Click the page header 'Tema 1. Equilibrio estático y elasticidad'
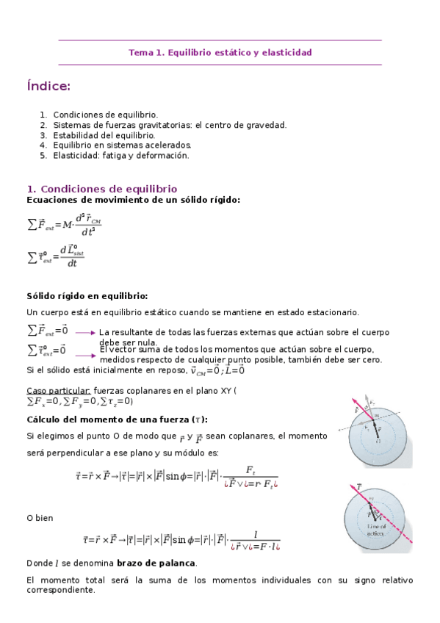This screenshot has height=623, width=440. click(x=220, y=53)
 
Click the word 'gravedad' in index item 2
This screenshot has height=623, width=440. click(x=267, y=125)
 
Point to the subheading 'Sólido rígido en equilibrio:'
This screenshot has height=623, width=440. click(x=87, y=296)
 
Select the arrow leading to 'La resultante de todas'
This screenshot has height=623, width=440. click(x=85, y=333)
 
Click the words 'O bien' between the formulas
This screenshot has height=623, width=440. click(x=40, y=518)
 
